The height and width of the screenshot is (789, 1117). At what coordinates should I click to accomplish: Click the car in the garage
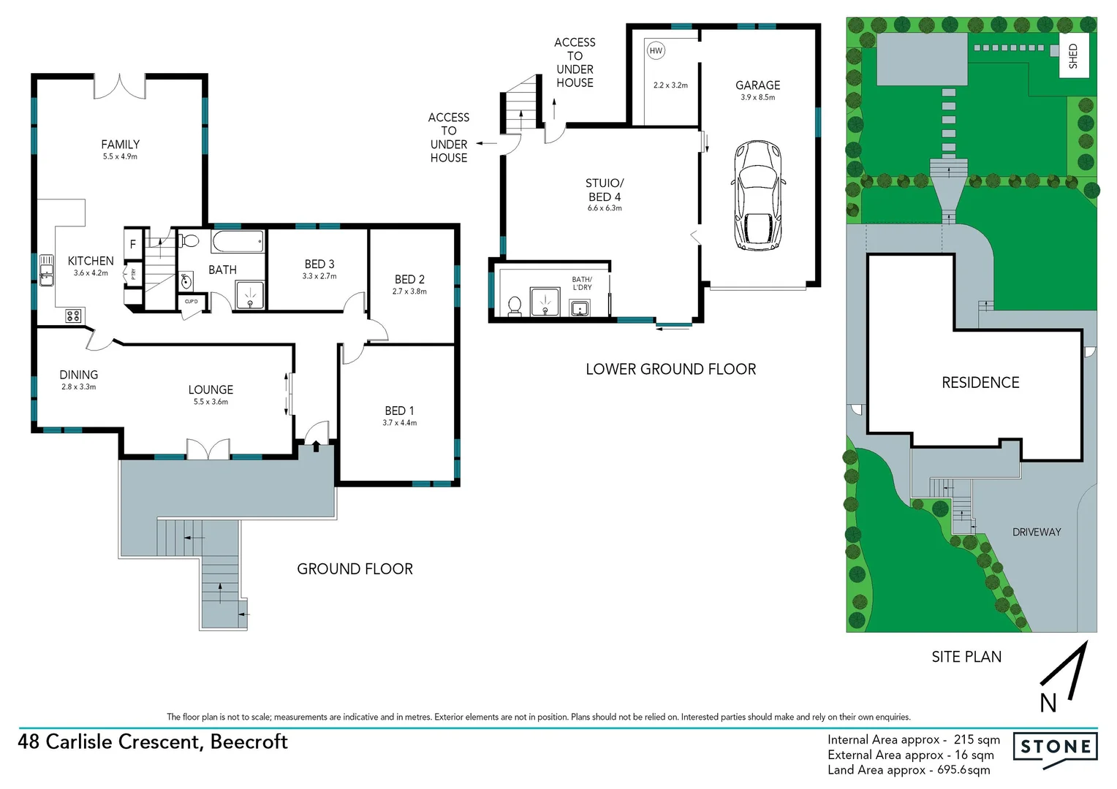[x=758, y=195]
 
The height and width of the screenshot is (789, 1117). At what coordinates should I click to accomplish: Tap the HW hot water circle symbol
[x=656, y=50]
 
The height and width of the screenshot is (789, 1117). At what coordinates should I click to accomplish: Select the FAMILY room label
[x=120, y=145]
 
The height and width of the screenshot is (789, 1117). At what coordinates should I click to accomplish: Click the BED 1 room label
[x=399, y=411]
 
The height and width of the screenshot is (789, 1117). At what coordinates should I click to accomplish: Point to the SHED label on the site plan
[x=1073, y=56]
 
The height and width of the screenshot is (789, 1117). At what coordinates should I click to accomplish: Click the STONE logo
[x=1055, y=747]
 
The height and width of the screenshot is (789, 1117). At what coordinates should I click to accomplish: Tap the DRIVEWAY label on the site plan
[x=1036, y=532]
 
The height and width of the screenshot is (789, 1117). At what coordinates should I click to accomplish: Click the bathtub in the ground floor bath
[x=238, y=241]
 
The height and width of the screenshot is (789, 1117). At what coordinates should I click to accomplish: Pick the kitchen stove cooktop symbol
[x=73, y=316]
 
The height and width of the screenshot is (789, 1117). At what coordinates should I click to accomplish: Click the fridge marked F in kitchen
[x=133, y=244]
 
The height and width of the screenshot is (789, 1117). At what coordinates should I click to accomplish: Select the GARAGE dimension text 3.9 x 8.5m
[x=757, y=97]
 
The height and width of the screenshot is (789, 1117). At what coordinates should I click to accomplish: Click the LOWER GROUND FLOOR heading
[x=670, y=369]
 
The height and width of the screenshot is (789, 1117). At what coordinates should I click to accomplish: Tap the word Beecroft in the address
[x=249, y=742]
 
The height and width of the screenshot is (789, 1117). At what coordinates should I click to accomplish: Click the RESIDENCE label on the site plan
[x=980, y=382]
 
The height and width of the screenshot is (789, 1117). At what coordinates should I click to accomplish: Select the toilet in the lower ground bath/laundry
[x=515, y=305]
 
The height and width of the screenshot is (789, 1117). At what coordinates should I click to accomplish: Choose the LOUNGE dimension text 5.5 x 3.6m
[x=211, y=402]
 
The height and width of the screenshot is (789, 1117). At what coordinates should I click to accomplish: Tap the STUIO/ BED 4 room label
[x=605, y=190]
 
